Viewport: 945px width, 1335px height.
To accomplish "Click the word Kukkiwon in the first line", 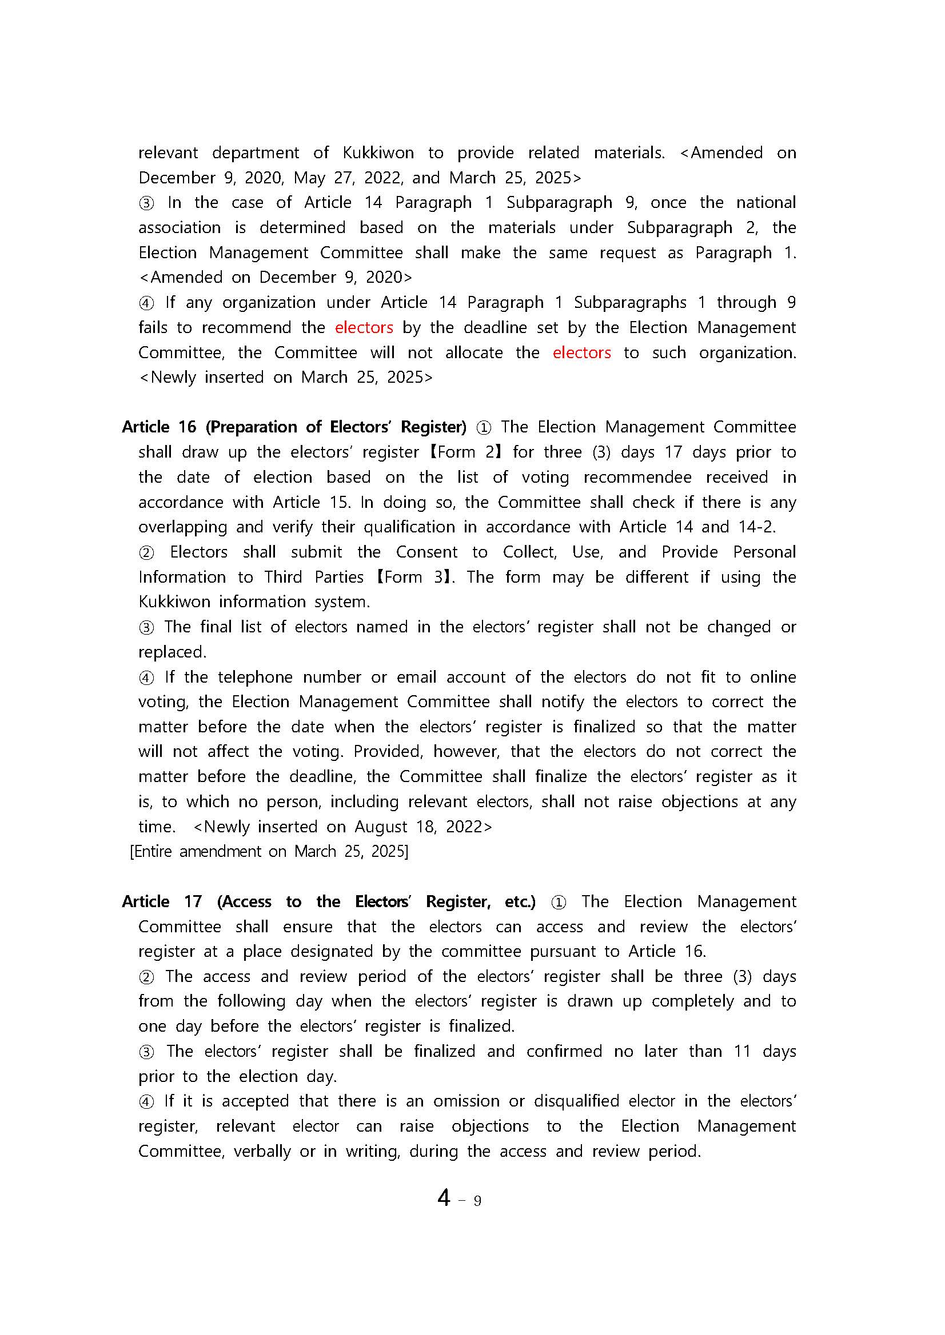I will [378, 153].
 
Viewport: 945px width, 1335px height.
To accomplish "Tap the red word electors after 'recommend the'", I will [364, 328].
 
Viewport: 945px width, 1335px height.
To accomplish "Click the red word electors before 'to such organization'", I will [581, 353].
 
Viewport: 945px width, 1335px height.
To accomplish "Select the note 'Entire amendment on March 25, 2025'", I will [269, 852].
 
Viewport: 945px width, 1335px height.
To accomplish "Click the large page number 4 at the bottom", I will [444, 1198].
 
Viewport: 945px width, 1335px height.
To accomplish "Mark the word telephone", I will [255, 677].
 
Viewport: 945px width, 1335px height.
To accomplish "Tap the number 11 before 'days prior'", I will [742, 1052].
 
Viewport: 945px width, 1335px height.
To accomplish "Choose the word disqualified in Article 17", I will [576, 1101].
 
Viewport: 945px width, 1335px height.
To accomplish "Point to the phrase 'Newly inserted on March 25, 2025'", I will [286, 378].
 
